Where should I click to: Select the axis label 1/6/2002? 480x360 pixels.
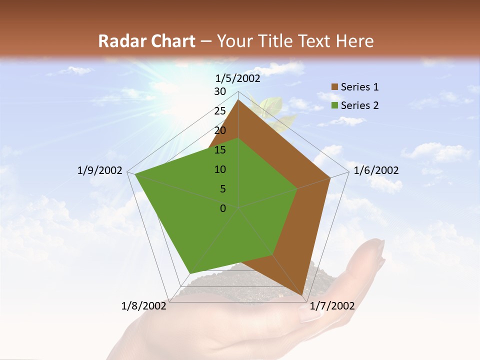pos(376,170)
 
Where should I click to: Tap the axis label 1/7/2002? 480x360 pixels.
pos(332,306)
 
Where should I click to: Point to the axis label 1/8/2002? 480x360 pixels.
pos(144,306)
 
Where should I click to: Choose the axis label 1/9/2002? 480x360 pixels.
pos(100,170)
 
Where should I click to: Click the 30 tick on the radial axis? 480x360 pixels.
pos(220,91)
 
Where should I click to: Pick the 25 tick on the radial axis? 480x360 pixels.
pos(220,111)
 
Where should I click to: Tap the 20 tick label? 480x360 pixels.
pos(220,130)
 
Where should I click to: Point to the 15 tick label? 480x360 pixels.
pos(220,150)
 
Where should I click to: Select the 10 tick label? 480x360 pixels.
pos(220,169)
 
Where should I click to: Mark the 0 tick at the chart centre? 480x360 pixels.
pos(223,208)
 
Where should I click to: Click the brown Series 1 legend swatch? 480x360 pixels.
pos(334,87)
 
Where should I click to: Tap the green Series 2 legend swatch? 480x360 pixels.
pos(334,105)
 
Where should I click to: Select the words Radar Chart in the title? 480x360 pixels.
pos(146,41)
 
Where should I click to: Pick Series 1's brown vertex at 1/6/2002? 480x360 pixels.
pos(330,177)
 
